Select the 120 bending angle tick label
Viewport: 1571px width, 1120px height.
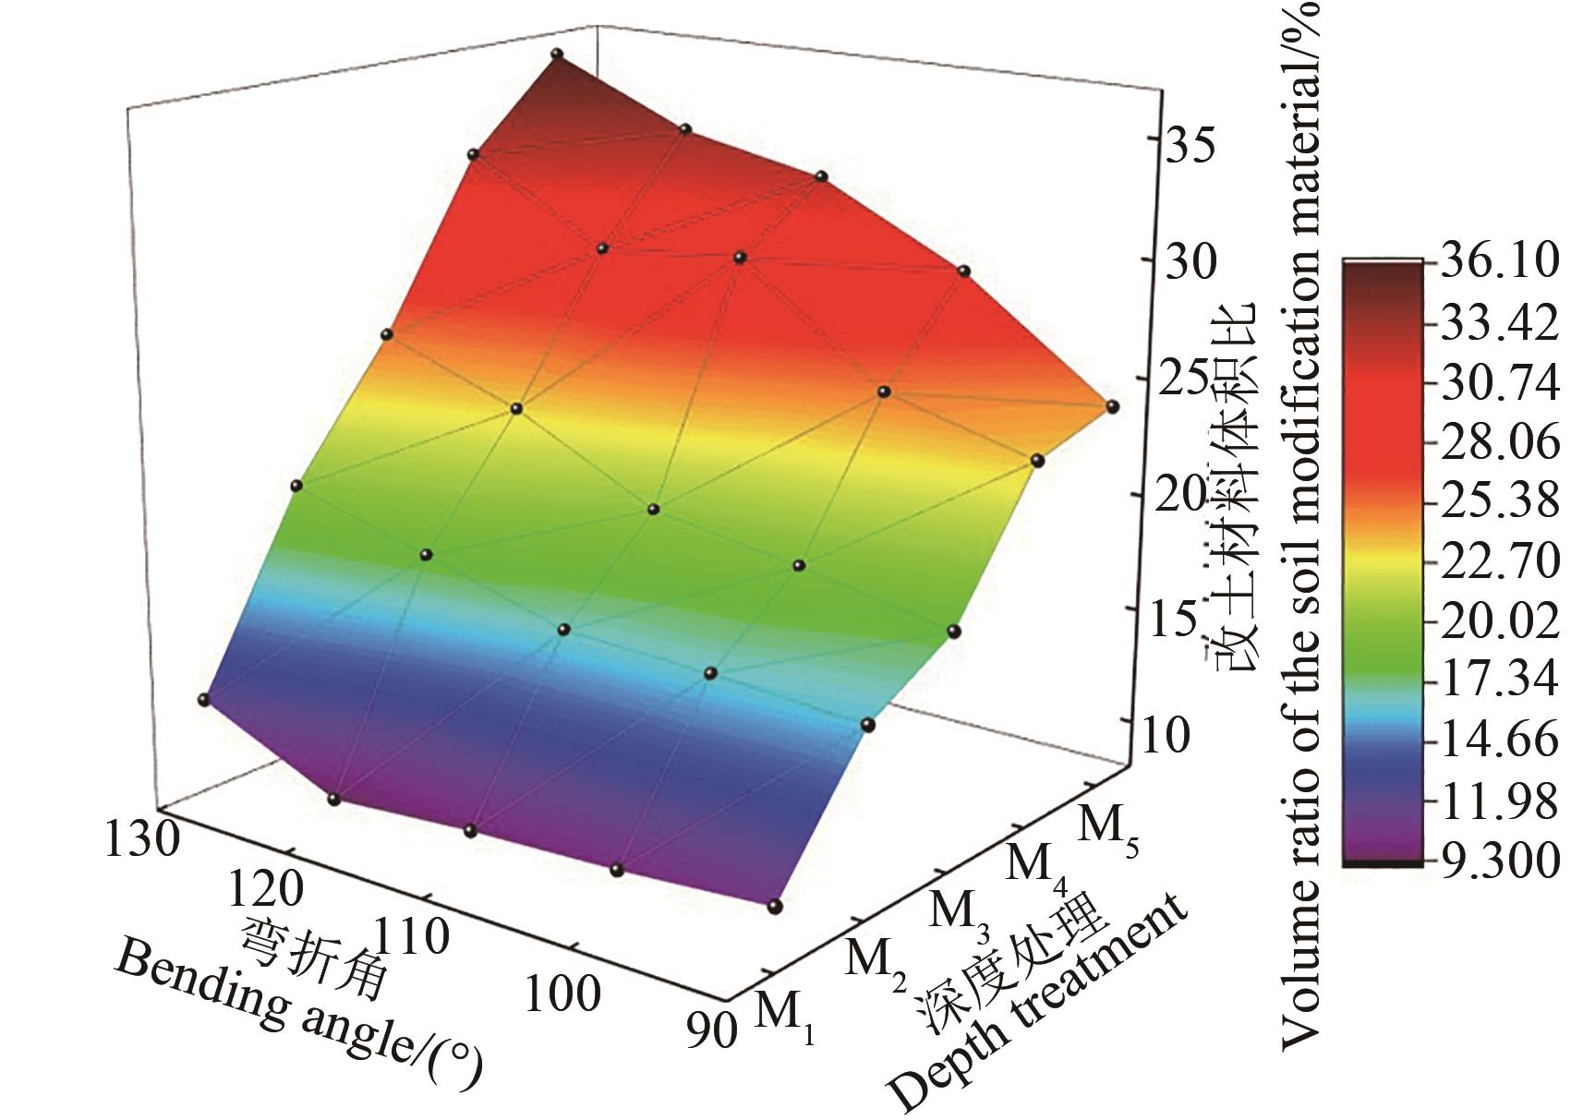(266, 888)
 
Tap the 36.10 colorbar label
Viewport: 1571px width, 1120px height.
(1499, 262)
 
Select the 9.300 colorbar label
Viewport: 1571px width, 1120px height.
(1499, 861)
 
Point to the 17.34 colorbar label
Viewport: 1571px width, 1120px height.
(1499, 680)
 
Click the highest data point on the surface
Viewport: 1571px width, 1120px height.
(557, 54)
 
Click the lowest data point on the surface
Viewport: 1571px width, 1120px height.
(775, 906)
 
